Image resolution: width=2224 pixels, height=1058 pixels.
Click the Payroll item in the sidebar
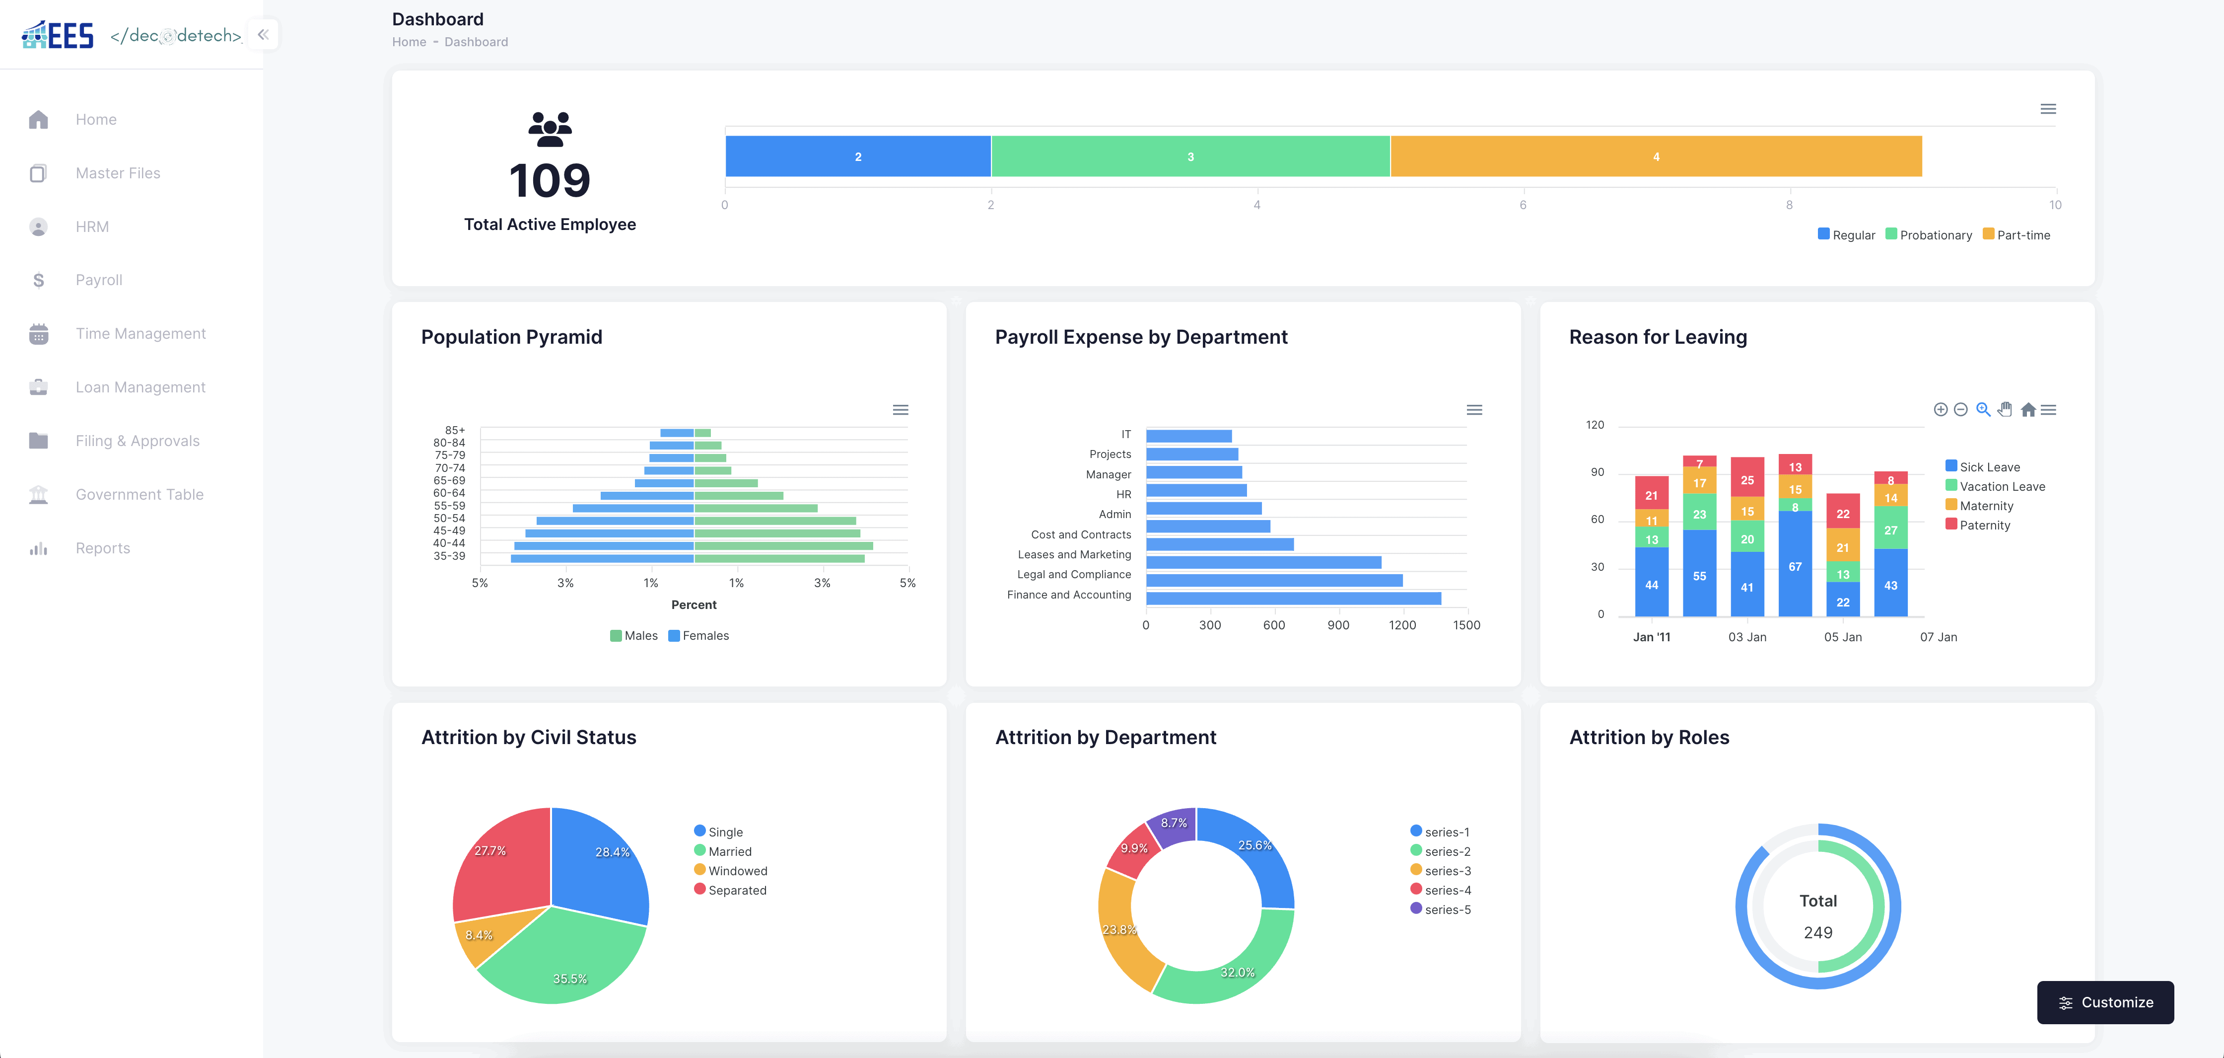98,280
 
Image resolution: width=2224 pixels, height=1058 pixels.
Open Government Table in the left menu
139,494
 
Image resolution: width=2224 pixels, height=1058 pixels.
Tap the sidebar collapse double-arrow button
263,35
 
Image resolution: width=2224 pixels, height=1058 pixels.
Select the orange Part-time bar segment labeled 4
1655,156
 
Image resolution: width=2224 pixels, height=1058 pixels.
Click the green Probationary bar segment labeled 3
1190,156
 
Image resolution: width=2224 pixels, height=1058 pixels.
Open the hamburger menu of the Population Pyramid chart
900,409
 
